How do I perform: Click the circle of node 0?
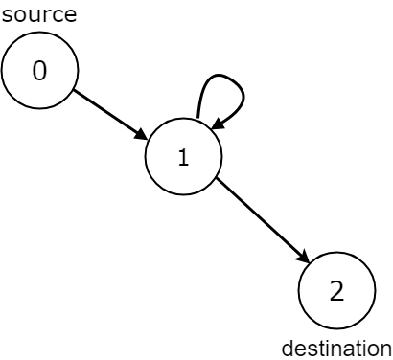pyautogui.click(x=39, y=72)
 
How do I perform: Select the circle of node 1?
pyautogui.click(x=183, y=157)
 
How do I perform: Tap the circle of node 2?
pyautogui.click(x=336, y=292)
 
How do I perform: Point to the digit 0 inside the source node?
pyautogui.click(x=39, y=72)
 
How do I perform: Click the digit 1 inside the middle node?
pyautogui.click(x=183, y=158)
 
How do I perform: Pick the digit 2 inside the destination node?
pyautogui.click(x=336, y=292)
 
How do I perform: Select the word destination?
pyautogui.click(x=335, y=348)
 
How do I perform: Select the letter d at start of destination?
pyautogui.click(x=286, y=348)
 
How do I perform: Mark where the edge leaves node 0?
pyautogui.click(x=73, y=91)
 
